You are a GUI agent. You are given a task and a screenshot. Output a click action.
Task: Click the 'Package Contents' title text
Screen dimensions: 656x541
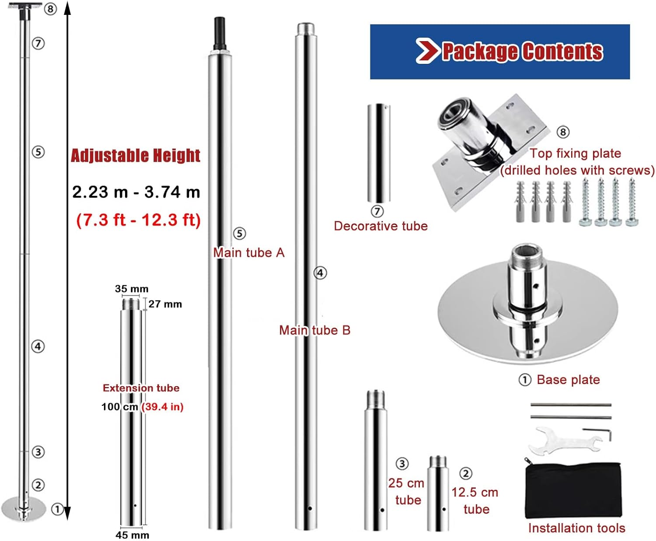pos(523,51)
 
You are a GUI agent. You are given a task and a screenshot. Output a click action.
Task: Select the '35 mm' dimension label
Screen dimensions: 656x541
pos(132,289)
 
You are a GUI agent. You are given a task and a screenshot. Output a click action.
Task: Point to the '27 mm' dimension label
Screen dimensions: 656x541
pos(165,304)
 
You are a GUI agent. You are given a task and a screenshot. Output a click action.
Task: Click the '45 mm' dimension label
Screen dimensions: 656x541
pos(132,535)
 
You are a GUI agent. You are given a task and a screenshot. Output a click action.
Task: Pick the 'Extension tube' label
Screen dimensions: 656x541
pos(141,388)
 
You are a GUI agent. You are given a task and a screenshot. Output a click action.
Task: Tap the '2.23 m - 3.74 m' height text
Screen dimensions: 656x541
pos(136,192)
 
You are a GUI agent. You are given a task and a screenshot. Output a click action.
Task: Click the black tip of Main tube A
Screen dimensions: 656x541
pos(220,33)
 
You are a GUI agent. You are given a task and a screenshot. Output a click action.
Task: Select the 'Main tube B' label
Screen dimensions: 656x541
pos(314,330)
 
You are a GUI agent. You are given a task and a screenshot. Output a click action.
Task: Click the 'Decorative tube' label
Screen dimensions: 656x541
pos(381,226)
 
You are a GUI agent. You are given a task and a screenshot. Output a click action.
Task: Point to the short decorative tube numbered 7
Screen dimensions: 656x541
pos(379,153)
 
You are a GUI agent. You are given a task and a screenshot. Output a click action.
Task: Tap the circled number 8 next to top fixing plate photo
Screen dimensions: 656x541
pos(563,132)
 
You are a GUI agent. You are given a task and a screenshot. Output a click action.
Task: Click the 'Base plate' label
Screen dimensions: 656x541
pos(569,380)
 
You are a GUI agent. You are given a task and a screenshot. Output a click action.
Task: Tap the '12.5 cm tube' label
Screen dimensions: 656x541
pos(475,501)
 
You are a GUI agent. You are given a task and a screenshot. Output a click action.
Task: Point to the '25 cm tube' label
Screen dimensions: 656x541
pos(407,492)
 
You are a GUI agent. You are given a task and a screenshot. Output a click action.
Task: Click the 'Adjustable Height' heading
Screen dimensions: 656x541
pos(136,156)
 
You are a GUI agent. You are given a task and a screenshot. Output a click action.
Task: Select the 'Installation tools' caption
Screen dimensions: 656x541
pos(577,528)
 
